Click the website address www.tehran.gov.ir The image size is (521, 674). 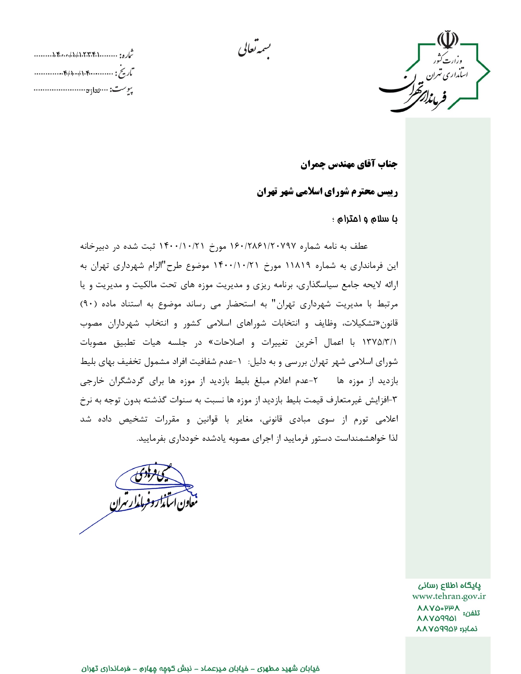click(449, 596)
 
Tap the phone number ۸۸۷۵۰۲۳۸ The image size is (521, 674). click(438, 608)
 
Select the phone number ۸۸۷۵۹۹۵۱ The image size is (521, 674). click(437, 618)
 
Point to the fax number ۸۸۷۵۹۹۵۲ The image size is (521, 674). click(436, 629)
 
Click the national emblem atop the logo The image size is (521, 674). click(448, 40)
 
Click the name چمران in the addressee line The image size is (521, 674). click(313, 165)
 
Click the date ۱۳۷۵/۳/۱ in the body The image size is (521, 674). click(380, 342)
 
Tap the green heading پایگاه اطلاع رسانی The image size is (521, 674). click(449, 586)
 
